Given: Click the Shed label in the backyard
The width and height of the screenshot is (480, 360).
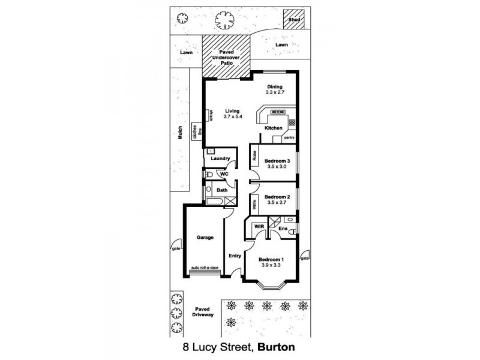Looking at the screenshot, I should (x=293, y=19).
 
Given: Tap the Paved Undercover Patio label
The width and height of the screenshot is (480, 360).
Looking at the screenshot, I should (x=226, y=57).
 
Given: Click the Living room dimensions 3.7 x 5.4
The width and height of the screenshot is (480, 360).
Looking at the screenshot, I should (x=232, y=116).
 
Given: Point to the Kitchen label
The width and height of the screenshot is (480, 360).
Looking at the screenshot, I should (x=274, y=128).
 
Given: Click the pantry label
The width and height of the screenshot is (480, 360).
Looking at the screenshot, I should (x=290, y=137).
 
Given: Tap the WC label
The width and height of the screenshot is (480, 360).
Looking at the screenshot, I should (x=224, y=174).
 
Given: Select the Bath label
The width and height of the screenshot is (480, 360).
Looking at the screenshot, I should (x=221, y=190).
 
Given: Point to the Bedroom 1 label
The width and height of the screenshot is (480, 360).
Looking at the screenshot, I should (x=271, y=260).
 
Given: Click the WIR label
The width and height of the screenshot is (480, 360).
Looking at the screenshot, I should (x=260, y=226).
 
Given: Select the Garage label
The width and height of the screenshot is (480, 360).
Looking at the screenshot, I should (x=205, y=237).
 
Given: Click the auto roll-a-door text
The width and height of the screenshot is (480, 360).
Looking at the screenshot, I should (x=205, y=268).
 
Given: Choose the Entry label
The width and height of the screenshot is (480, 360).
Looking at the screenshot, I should (x=235, y=256).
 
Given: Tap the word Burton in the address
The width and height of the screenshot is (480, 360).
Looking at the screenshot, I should (x=277, y=347).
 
